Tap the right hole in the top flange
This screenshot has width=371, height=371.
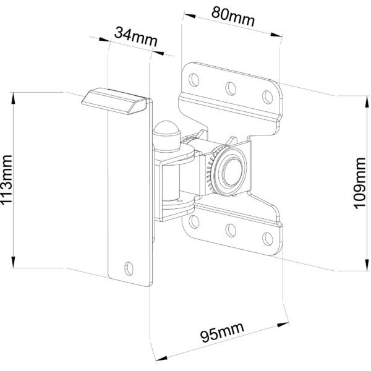[267, 95]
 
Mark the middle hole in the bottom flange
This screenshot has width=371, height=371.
[230, 229]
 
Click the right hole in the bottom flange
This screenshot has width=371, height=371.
[267, 237]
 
